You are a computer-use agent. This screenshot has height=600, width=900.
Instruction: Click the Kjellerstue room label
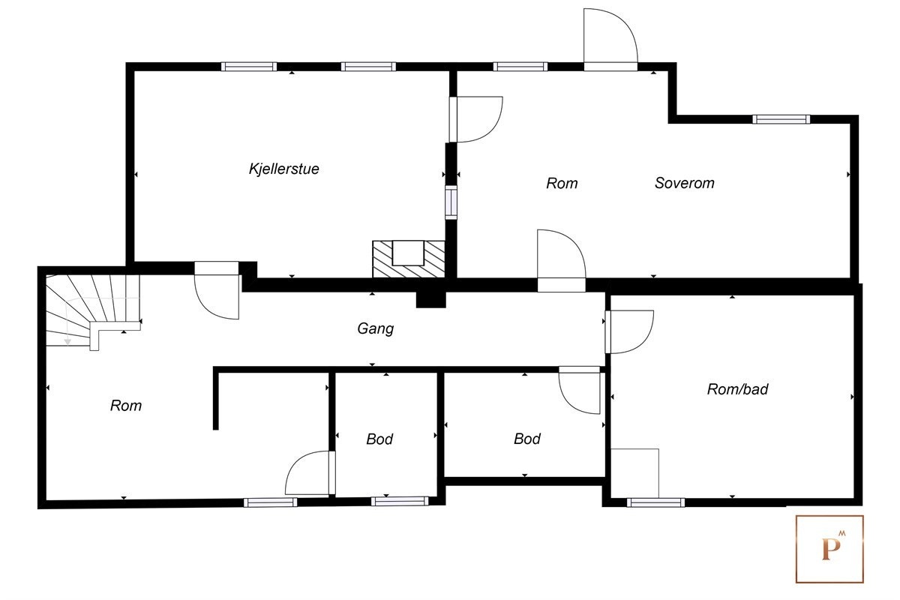284,169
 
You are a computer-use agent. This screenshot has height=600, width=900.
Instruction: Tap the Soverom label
685,183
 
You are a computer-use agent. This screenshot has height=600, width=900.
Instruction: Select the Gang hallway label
376,329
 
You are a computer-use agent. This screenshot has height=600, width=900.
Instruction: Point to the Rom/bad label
738,389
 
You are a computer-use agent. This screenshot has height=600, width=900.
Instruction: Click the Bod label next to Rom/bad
527,439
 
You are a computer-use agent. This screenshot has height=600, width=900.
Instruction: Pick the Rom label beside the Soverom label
562,183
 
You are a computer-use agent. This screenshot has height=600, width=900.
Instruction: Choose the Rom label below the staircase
126,406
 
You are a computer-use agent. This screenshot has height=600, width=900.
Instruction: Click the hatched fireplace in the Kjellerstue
409,259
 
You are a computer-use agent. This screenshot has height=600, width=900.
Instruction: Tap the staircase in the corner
93,310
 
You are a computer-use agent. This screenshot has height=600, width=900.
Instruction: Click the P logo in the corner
829,548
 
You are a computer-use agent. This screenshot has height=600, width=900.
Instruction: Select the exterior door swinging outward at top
610,40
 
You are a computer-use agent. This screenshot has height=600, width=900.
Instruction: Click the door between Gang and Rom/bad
628,332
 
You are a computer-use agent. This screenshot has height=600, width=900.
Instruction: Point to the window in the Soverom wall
781,119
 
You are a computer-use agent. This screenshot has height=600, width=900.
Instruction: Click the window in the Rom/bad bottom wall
655,502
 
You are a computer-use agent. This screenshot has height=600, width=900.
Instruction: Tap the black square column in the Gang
430,300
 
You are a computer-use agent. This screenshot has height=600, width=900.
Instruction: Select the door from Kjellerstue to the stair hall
217,290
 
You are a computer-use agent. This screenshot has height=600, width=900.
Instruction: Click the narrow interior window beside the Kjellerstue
451,202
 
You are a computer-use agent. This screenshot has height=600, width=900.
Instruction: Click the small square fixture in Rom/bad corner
634,473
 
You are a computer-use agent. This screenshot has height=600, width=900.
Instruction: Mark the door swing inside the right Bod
579,390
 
